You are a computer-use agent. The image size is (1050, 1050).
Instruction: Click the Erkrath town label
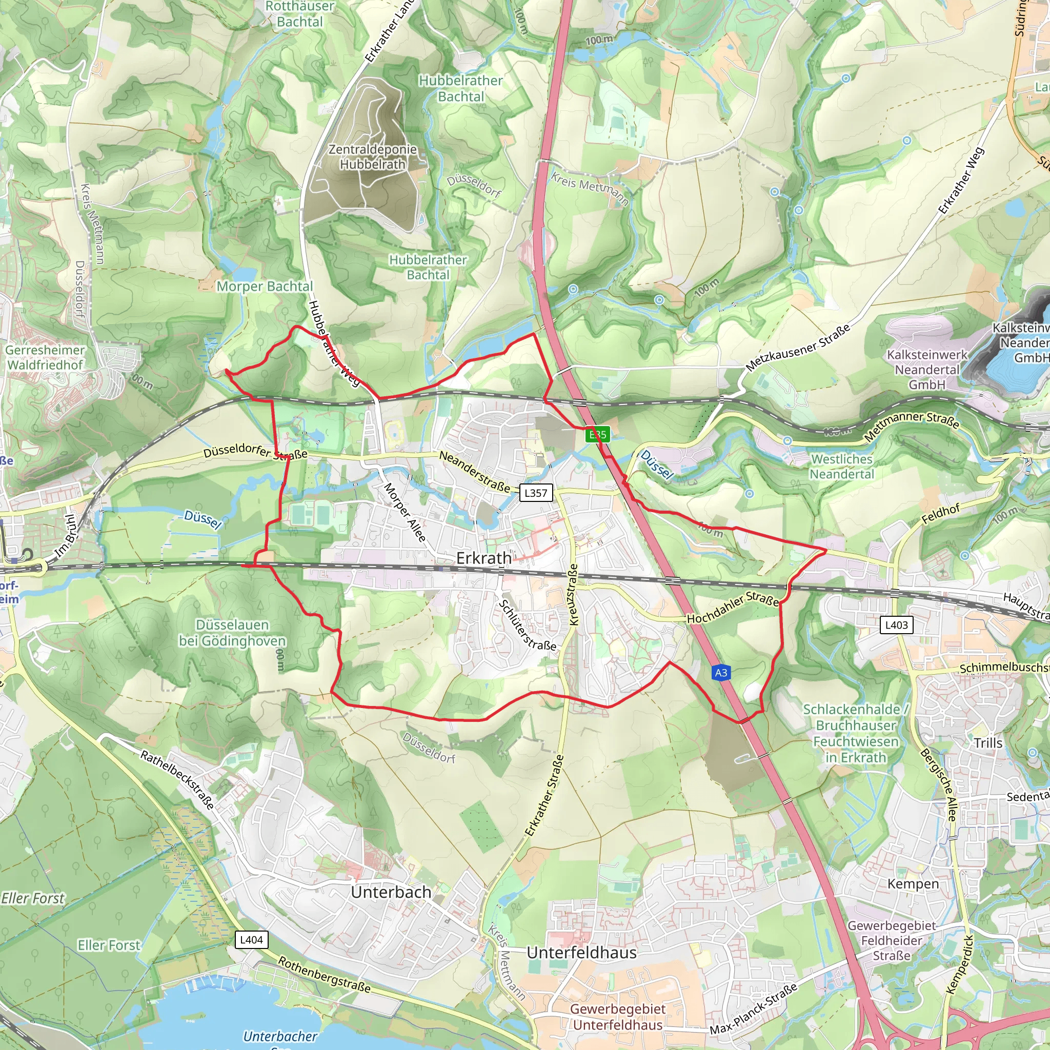point(483,558)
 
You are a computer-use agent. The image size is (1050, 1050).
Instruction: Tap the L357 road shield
point(535,493)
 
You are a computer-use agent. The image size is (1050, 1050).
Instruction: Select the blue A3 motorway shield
point(721,673)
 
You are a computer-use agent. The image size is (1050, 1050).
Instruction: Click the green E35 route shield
point(597,434)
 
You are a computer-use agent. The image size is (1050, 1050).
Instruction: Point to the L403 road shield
point(896,625)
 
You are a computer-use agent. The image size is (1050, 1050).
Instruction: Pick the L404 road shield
point(251,940)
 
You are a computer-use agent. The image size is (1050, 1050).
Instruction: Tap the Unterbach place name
point(391,893)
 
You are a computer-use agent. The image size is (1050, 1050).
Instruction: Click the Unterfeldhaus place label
point(581,953)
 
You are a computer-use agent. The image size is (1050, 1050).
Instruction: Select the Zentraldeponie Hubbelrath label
point(373,156)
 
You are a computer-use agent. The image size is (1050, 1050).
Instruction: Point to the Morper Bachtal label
point(265,287)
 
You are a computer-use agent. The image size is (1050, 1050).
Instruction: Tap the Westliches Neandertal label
point(842,467)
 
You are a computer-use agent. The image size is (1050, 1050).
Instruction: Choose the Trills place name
point(988,743)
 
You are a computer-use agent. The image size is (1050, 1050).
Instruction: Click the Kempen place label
point(913,884)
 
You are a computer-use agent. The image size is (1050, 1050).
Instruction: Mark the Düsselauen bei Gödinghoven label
point(233,633)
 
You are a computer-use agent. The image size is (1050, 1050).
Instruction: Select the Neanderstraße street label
point(474,472)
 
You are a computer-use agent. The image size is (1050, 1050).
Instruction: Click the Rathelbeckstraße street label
point(177,779)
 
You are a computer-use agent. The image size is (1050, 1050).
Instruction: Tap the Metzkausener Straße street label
point(797,348)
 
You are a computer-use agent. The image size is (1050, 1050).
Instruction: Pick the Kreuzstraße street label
point(573,595)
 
